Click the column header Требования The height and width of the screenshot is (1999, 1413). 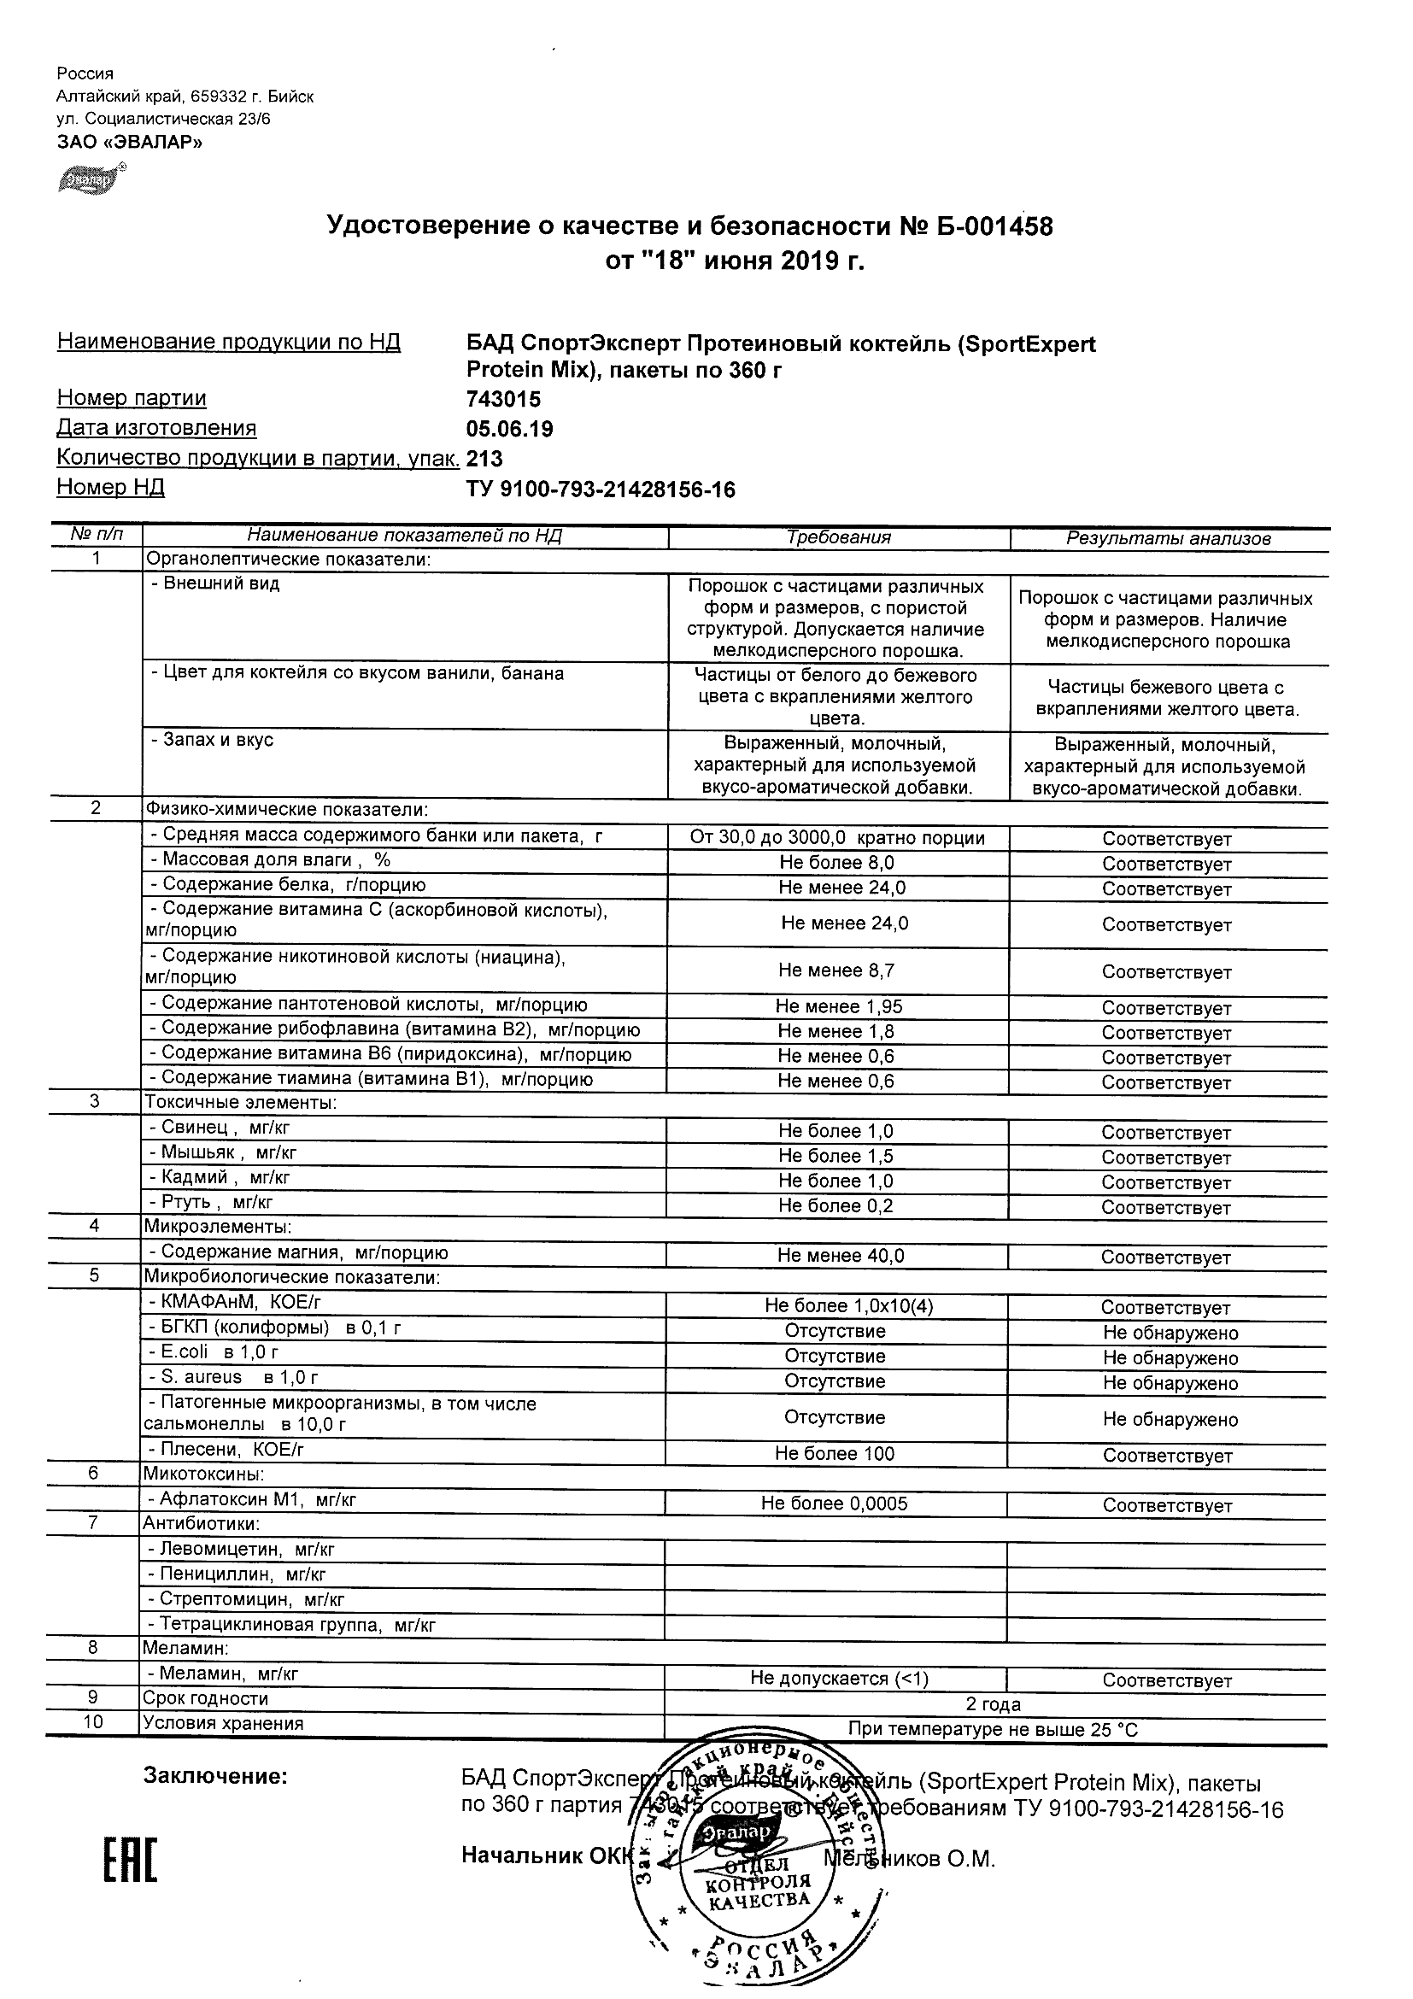click(838, 538)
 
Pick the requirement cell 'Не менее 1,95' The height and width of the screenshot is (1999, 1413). click(838, 1007)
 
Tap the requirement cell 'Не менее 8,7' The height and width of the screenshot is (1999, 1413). click(835, 970)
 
